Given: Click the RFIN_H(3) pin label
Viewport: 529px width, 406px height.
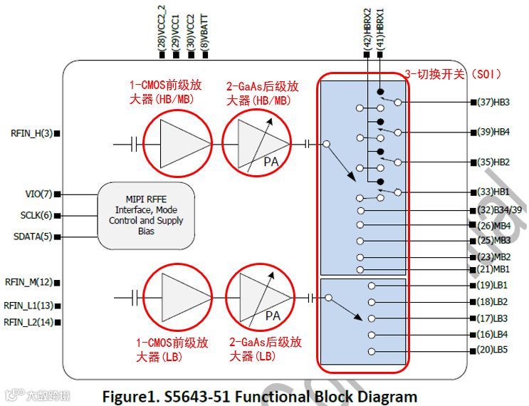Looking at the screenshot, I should (x=31, y=133).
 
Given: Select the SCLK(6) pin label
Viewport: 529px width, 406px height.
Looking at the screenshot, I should (x=35, y=215).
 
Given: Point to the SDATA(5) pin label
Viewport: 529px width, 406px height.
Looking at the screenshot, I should (x=33, y=236).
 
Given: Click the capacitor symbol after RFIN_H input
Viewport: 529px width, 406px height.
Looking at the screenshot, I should (x=135, y=145).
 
